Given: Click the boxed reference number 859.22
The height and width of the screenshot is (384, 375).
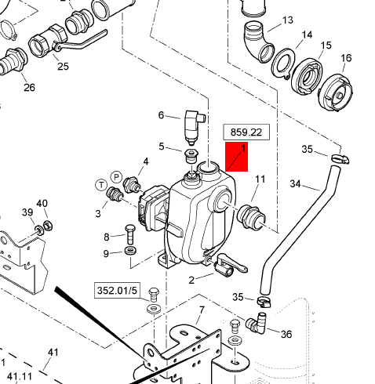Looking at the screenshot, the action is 246,132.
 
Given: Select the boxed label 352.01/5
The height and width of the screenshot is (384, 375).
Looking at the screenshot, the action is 117,290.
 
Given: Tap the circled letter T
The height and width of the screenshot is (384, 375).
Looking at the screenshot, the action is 101,185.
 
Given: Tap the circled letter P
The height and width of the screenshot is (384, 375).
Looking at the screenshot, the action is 116,177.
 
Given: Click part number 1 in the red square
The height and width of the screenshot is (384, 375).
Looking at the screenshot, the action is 243,149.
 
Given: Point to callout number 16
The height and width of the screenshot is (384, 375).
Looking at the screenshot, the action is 346,58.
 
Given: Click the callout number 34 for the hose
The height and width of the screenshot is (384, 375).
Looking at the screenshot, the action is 295,183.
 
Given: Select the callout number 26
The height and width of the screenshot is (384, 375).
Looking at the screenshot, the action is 29,87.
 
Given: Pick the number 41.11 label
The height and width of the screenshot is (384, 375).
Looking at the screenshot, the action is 20,376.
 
